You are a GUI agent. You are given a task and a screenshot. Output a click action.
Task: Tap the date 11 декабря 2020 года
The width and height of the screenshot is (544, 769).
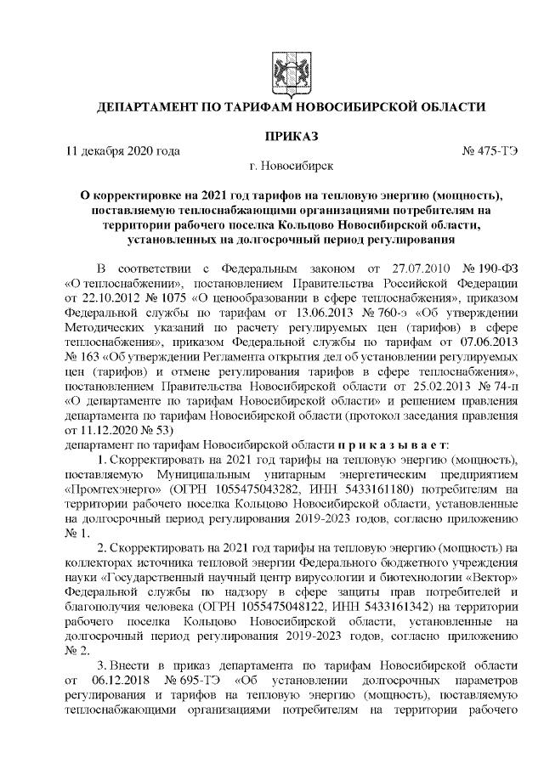123,151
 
